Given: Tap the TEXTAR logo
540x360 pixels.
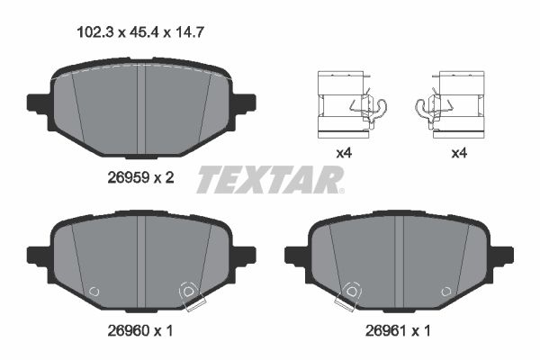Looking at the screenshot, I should coord(270,180).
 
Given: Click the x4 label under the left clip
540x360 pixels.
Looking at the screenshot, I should coord(343,154).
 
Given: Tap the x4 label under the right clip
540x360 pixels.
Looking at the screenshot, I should coord(458,154).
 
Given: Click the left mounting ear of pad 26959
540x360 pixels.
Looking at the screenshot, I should coord(38,101).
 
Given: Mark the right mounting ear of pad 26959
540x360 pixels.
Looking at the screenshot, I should coord(244,101).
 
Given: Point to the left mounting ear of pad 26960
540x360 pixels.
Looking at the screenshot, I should coord(38,255).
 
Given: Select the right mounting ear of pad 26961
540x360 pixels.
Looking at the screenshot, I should coord(501,255).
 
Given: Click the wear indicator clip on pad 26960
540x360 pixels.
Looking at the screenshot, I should coord(188,293).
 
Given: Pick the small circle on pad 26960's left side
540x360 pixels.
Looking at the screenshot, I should coord(94,292).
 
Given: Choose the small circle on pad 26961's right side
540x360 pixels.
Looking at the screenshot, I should coord(446,292).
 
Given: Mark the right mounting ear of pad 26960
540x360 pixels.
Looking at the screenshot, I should coord(244,255).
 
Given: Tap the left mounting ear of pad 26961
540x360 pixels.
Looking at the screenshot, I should coord(295,255).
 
